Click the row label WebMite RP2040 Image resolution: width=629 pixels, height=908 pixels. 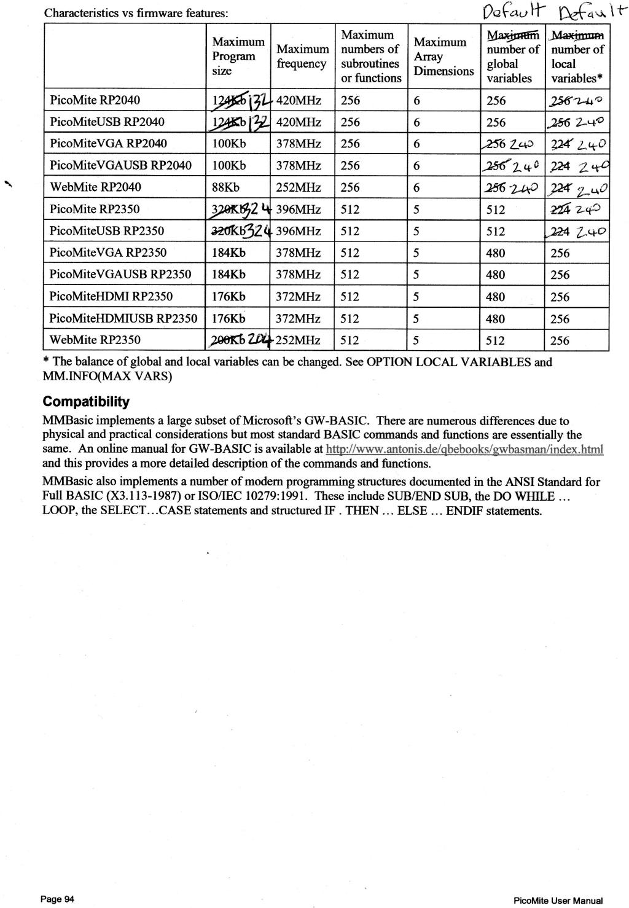pyautogui.click(x=95, y=187)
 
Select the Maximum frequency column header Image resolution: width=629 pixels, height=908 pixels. pyautogui.click(x=302, y=56)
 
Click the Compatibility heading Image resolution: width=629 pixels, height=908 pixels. pyautogui.click(x=86, y=402)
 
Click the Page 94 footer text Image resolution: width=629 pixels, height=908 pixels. pyautogui.click(x=57, y=899)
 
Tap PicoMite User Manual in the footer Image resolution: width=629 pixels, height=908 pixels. pyautogui.click(x=557, y=901)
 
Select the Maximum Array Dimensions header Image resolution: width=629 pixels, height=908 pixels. pyautogui.click(x=443, y=56)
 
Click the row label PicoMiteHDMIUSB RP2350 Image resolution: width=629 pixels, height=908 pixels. pyautogui.click(x=123, y=319)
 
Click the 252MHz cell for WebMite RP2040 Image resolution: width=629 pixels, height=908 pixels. pyautogui.click(x=299, y=187)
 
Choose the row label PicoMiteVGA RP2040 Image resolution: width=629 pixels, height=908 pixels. pyautogui.click(x=108, y=144)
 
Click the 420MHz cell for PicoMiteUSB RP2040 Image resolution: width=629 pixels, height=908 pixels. pyautogui.click(x=299, y=122)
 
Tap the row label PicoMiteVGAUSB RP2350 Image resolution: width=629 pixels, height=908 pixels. pyautogui.click(x=120, y=275)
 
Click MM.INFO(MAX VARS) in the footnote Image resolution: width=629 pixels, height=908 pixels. pyautogui.click(x=107, y=376)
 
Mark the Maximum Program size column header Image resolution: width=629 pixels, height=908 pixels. pyautogui.click(x=238, y=56)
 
